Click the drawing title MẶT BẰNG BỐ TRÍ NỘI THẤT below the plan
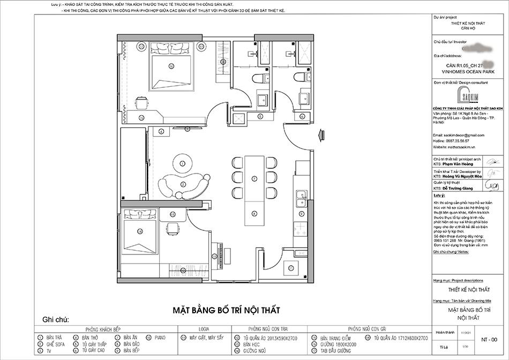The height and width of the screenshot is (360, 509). (x=226, y=310)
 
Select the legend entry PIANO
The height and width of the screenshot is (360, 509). (x=161, y=338)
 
